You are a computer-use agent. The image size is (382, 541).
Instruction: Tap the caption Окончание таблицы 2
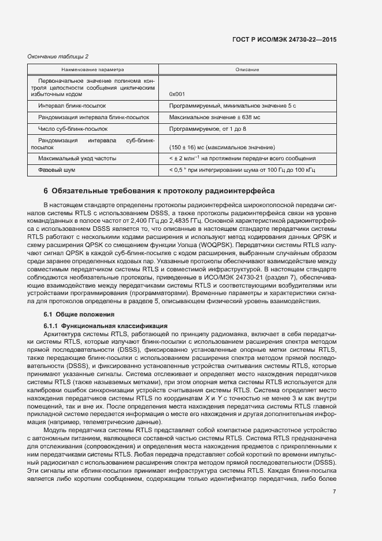tap(58, 56)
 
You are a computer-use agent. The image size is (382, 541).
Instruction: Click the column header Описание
tap(247, 69)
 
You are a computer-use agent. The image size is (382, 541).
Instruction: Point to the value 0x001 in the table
tap(177, 94)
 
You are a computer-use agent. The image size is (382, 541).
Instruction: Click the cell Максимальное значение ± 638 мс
tap(215, 117)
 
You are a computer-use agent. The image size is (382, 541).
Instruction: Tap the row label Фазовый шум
tap(57, 170)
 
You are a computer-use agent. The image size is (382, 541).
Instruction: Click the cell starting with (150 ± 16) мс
tap(222, 147)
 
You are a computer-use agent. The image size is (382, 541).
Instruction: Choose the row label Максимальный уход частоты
tap(77, 158)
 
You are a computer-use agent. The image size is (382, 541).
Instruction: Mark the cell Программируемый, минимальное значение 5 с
tap(232, 106)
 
